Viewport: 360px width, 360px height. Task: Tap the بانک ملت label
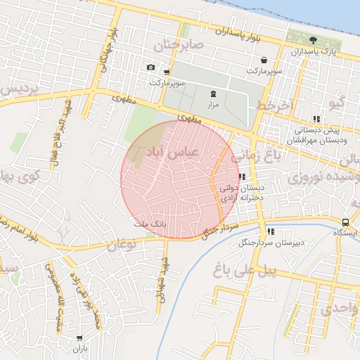click(x=148, y=224)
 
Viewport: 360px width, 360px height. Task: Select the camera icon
click(x=150, y=67)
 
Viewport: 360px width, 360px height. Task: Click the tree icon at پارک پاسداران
click(x=314, y=40)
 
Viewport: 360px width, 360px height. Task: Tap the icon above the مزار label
click(x=213, y=94)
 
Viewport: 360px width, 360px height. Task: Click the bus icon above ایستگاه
click(x=345, y=222)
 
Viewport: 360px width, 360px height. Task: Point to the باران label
click(x=79, y=349)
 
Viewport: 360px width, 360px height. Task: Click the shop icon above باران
click(x=79, y=338)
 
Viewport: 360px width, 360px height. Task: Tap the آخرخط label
click(x=273, y=105)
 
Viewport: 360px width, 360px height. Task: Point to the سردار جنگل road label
click(x=221, y=229)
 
